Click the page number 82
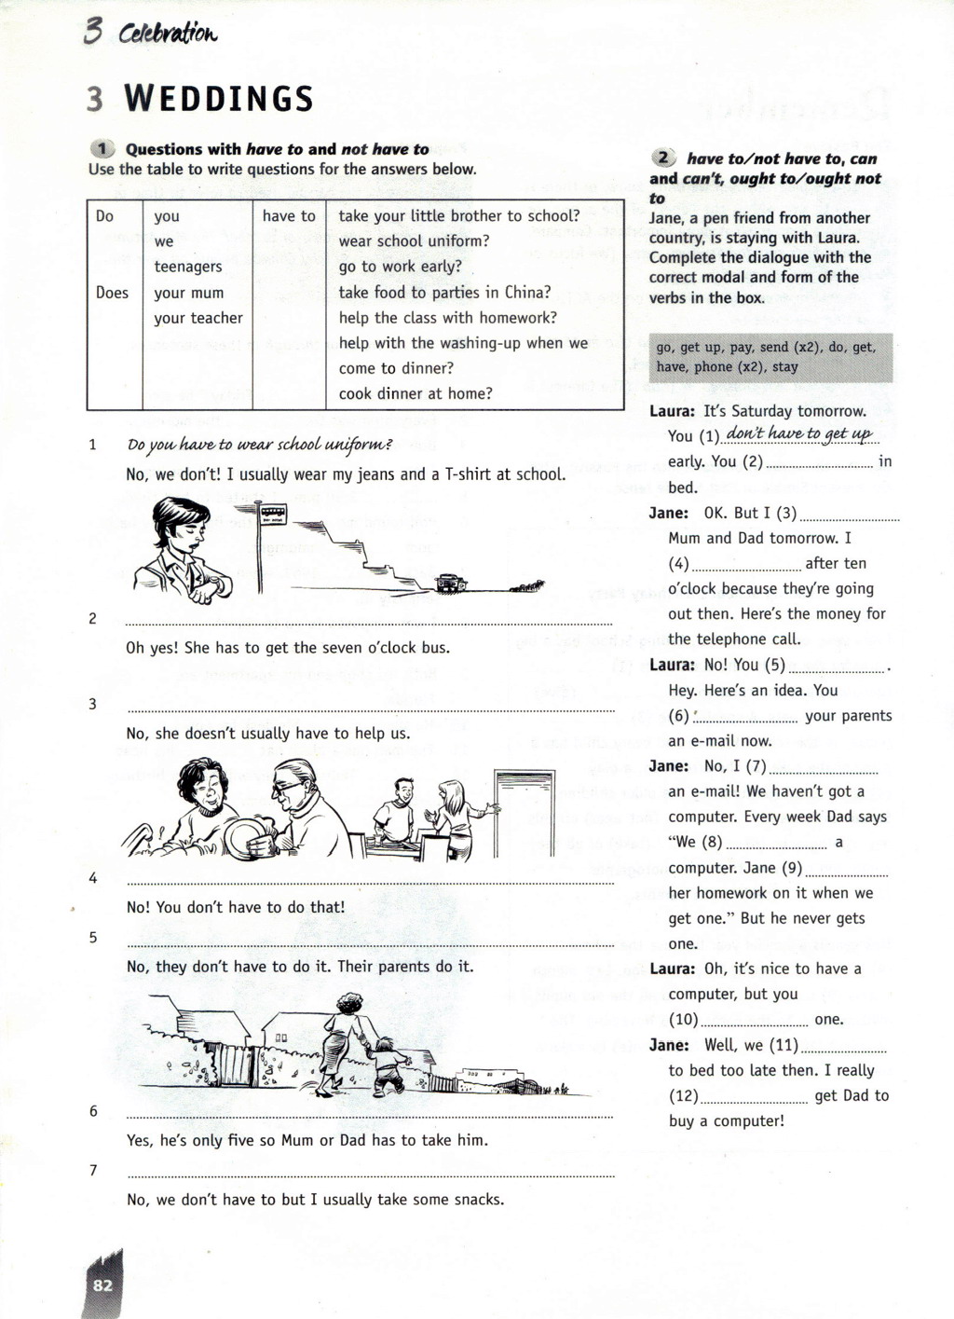pos(102,1285)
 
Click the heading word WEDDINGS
pos(219,99)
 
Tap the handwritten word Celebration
pos(168,34)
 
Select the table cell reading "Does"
pos(112,293)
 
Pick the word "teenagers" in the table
pos(188,267)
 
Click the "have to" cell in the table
pos(289,216)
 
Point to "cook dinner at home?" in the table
pos(416,393)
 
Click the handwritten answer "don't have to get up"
pos(799,433)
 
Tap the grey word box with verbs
pos(770,357)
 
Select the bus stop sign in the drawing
pos(273,512)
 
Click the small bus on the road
pos(451,583)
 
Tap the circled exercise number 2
pos(663,158)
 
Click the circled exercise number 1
pos(102,149)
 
